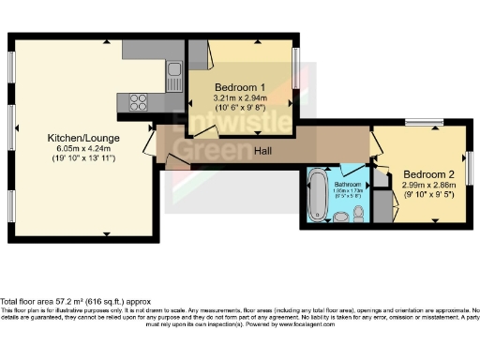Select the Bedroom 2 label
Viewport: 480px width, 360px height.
tap(428, 174)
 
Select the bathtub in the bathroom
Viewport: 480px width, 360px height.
tap(316, 196)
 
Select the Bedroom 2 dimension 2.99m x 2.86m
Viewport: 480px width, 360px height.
tap(428, 186)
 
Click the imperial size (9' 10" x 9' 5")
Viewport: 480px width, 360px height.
tap(428, 196)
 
